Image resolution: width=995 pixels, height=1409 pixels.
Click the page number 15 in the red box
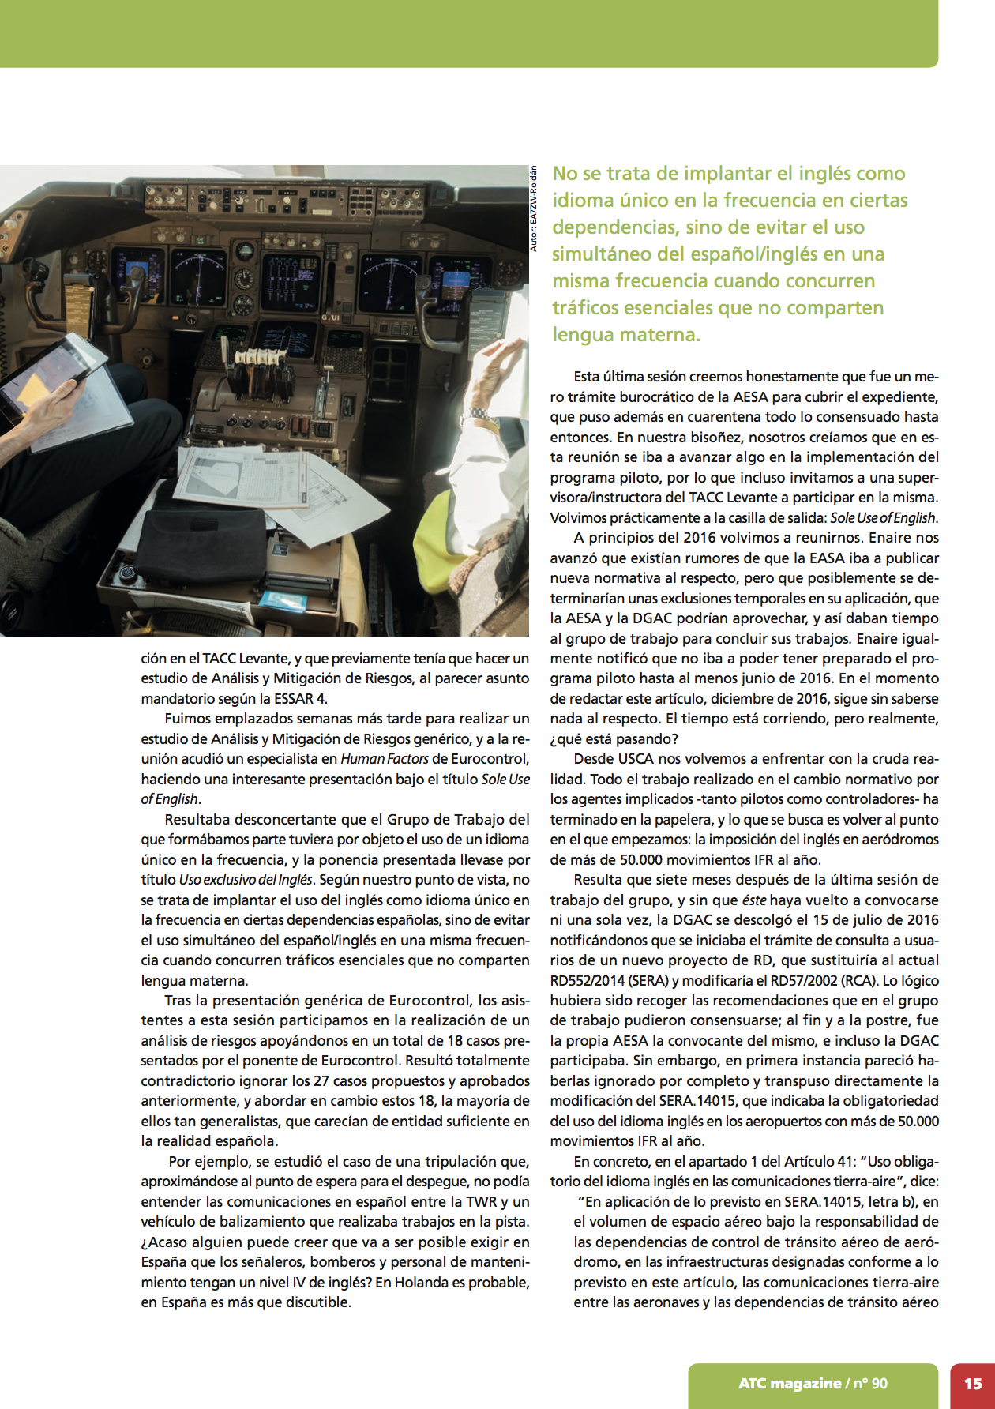pyautogui.click(x=972, y=1384)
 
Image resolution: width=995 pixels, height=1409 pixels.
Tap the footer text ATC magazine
pyautogui.click(x=789, y=1384)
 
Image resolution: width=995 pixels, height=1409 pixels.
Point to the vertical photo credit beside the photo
pyautogui.click(x=533, y=209)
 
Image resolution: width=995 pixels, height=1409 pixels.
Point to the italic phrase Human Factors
pyautogui.click(x=385, y=759)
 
